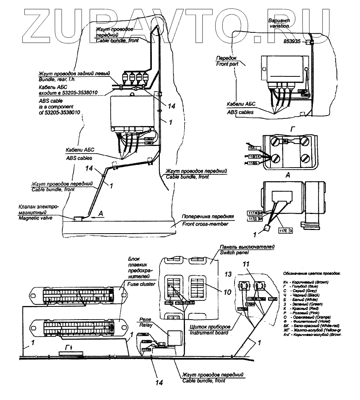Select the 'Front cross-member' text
(205, 224)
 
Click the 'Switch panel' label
(234, 253)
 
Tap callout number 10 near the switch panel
(227, 292)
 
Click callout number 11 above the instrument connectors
(247, 264)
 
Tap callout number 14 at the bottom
(159, 382)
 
